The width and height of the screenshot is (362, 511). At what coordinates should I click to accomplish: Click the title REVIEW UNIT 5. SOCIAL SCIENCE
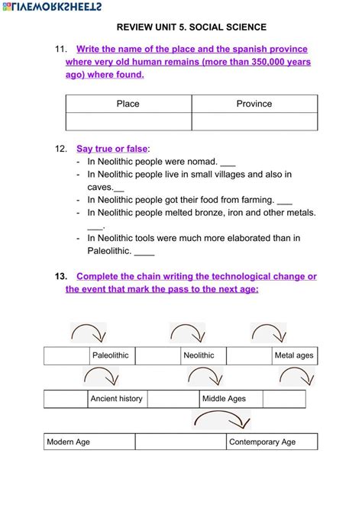click(192, 26)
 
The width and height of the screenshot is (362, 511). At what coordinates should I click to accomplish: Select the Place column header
click(128, 104)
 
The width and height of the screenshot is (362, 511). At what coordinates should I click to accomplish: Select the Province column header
click(254, 104)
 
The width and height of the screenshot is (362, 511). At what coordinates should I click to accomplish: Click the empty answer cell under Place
click(128, 121)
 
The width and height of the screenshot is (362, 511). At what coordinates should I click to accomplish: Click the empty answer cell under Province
click(254, 121)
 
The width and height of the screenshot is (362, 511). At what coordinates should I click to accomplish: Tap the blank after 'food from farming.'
click(285, 201)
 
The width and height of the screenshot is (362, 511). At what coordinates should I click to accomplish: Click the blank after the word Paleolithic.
click(144, 252)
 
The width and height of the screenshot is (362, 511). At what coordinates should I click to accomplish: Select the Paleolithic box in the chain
click(112, 355)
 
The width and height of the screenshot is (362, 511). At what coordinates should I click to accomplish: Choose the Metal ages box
click(294, 355)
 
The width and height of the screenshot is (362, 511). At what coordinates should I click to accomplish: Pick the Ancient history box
click(116, 399)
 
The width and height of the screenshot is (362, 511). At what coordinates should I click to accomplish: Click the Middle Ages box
click(224, 399)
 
